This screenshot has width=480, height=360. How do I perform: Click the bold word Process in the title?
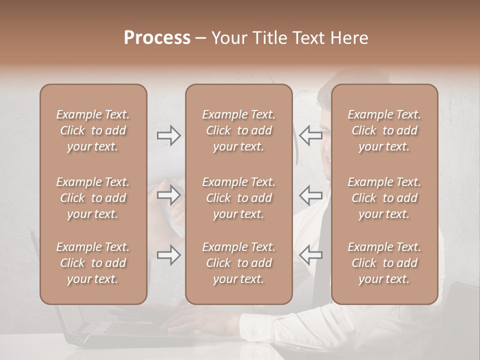157,38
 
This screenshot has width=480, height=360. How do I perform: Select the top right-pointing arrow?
168,135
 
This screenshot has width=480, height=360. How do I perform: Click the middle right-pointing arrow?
168,195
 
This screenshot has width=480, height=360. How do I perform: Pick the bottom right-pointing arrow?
168,255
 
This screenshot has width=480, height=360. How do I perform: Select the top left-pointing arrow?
310,135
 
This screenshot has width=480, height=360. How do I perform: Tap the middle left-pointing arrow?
310,195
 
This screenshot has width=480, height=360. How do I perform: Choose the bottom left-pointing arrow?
310,255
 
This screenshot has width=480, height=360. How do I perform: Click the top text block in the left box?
93,130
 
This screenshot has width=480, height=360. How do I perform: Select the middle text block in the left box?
93,198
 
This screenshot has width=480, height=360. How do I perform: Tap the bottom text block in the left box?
93,263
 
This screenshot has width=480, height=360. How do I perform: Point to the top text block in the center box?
238,130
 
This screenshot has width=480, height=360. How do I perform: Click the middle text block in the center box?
238,198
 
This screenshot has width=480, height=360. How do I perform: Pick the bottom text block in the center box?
238,263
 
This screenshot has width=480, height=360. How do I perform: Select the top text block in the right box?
384,130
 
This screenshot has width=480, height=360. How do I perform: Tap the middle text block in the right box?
384,198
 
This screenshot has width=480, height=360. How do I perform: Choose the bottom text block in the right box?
384,263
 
